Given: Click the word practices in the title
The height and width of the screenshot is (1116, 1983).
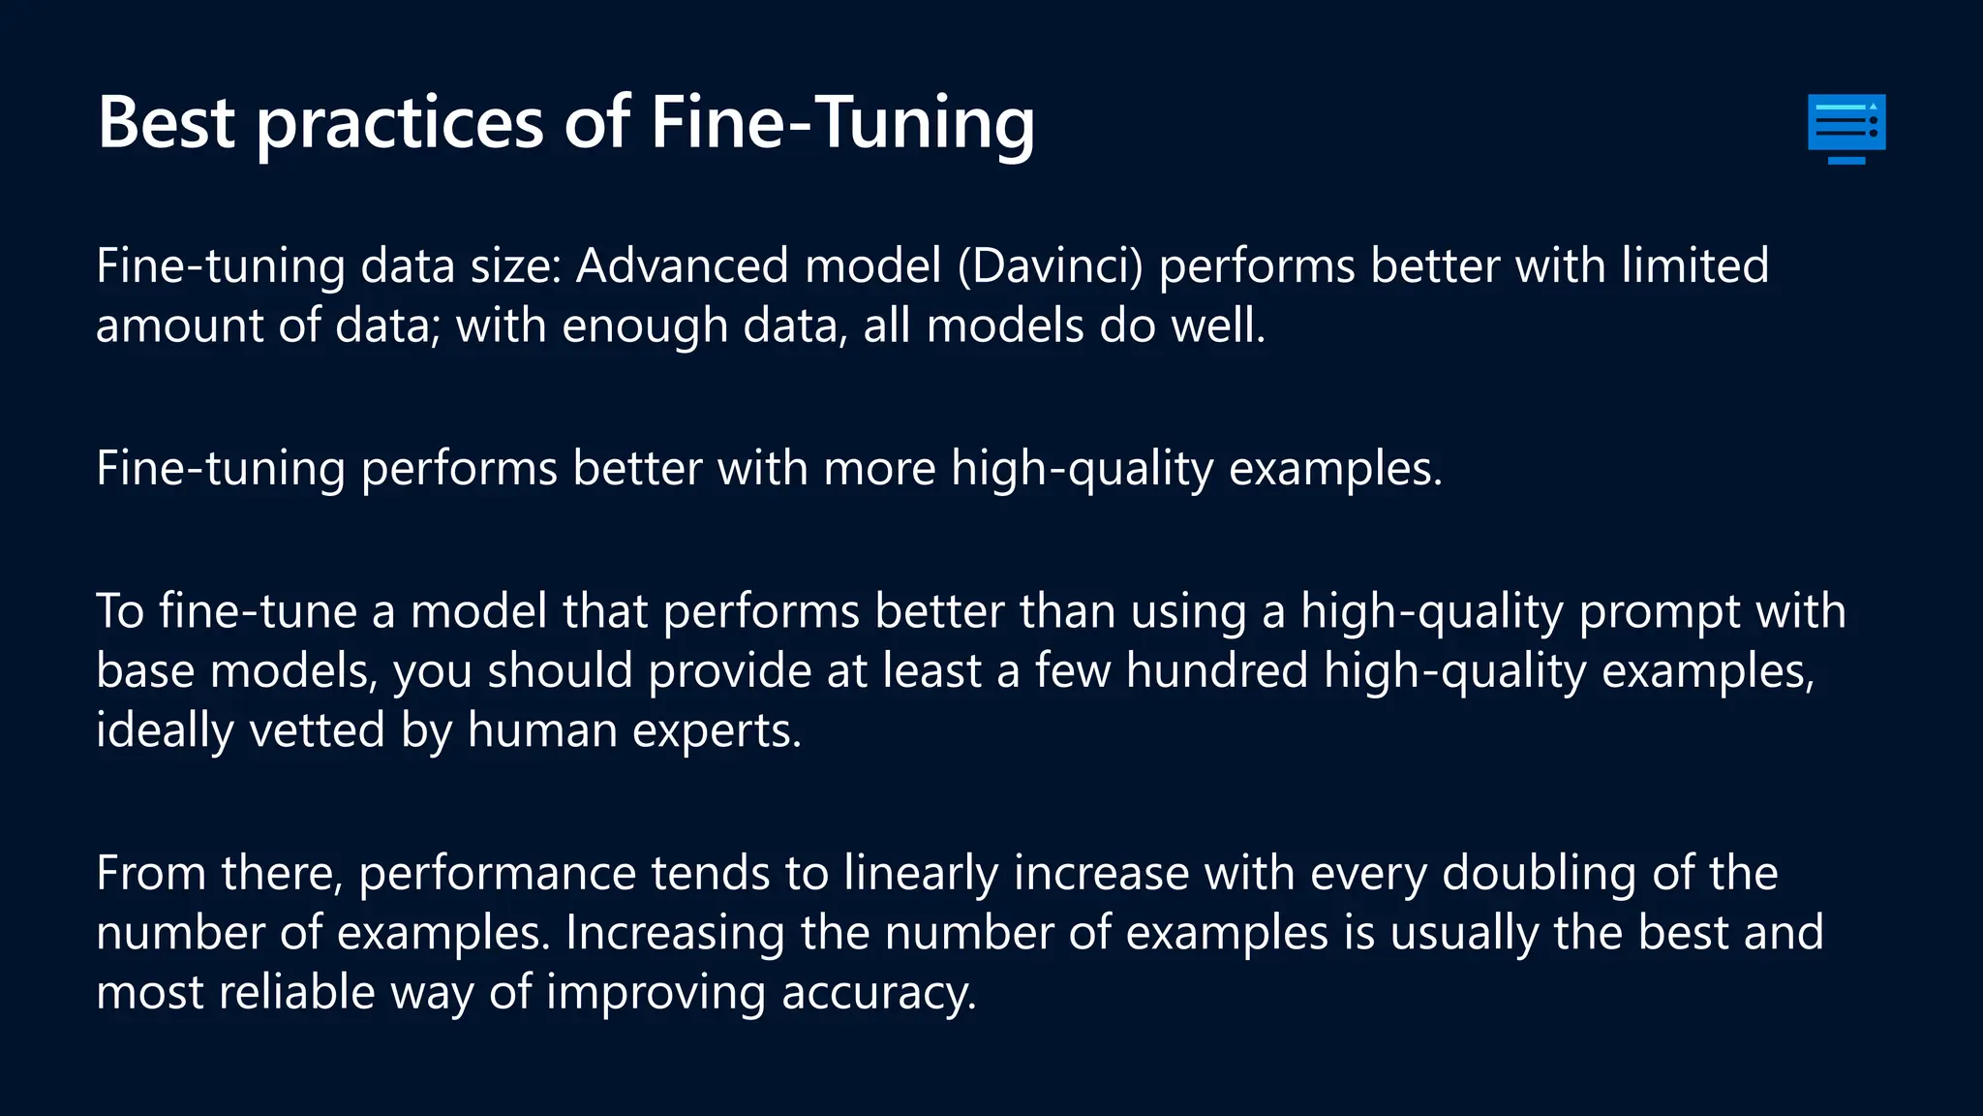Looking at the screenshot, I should [x=399, y=123].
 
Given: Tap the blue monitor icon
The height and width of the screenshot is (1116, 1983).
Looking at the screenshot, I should [x=1846, y=128].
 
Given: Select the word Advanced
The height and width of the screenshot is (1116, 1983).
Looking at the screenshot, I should [x=682, y=265].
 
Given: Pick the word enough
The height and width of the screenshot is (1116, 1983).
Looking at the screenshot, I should [x=645, y=325].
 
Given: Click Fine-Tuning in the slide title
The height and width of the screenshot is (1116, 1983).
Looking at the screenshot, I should [x=842, y=123].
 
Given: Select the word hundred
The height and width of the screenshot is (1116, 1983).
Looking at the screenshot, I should [x=1217, y=671].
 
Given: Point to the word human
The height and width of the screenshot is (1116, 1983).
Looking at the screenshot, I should [x=542, y=729].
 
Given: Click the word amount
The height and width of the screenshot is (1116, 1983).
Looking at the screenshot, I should [x=179, y=325].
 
